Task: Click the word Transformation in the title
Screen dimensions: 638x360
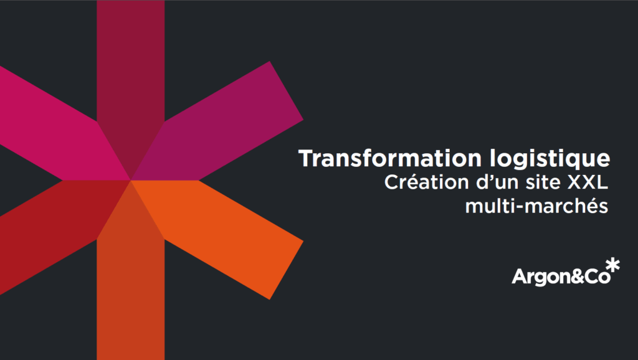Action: coord(390,158)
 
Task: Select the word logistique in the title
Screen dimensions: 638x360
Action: coord(550,159)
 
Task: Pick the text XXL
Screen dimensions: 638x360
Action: coord(588,182)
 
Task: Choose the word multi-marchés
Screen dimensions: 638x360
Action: coord(536,206)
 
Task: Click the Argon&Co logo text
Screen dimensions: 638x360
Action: coord(561,277)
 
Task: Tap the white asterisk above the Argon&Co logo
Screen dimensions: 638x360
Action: coord(613,265)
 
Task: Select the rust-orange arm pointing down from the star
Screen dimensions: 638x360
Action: coord(131,285)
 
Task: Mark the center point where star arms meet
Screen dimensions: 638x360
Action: coord(131,180)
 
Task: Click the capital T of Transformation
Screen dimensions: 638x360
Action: coord(307,158)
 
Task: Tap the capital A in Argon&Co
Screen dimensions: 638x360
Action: coord(519,276)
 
